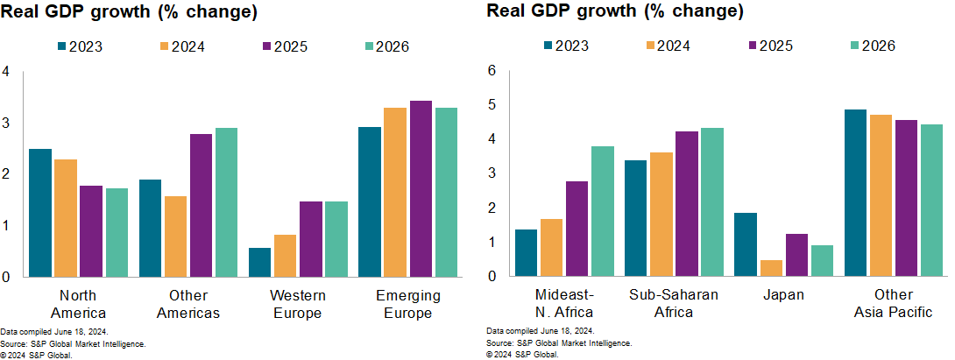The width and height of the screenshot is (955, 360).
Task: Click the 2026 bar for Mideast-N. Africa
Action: tap(603, 211)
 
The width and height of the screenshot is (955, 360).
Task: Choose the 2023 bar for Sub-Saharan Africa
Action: tap(635, 218)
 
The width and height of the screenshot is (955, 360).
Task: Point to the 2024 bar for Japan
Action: tap(771, 268)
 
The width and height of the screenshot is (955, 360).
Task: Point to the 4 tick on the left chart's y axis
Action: tap(6, 71)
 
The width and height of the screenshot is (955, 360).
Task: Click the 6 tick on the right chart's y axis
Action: tap(492, 71)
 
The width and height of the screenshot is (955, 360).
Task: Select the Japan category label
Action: tap(785, 295)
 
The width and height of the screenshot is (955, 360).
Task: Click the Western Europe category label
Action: tap(299, 304)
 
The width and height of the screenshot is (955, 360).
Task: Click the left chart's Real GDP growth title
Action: tap(129, 11)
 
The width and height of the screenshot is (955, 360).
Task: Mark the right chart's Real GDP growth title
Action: tap(615, 11)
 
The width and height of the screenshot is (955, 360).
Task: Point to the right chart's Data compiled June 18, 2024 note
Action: tap(540, 331)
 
